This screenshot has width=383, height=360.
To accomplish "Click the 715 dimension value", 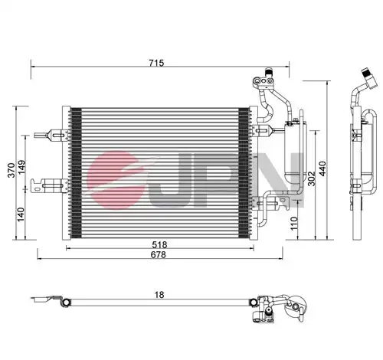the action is pyautogui.click(x=156, y=63).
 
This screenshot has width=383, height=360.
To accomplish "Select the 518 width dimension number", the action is pyautogui.click(x=159, y=245).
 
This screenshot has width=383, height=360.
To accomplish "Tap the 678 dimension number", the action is pyautogui.click(x=159, y=254).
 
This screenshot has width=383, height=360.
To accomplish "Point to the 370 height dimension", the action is pyautogui.click(x=11, y=170).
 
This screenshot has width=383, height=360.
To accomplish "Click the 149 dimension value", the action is pyautogui.click(x=21, y=167).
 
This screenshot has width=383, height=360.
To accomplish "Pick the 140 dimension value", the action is pyautogui.click(x=21, y=214).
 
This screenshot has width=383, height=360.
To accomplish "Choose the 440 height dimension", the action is pyautogui.click(x=322, y=169).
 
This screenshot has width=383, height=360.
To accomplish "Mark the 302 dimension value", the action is pyautogui.click(x=312, y=178).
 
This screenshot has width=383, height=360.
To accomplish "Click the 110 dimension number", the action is pyautogui.click(x=294, y=224).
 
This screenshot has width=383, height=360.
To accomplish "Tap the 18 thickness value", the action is pyautogui.click(x=159, y=295).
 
